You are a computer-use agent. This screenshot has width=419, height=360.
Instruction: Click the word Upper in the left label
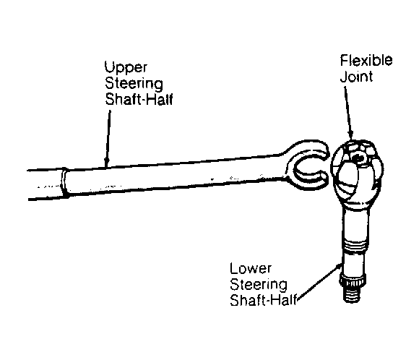[x=126, y=68]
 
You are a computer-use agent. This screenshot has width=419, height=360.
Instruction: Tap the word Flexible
[x=366, y=61]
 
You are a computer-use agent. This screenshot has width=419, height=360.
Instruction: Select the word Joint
[x=356, y=77]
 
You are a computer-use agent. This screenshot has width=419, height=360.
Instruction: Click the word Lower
[x=251, y=268]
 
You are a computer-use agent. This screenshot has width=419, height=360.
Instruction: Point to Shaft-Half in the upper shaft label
[x=139, y=99]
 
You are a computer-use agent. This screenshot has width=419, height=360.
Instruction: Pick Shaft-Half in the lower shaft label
[x=264, y=300]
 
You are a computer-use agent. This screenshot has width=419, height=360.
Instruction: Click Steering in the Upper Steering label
[x=134, y=84]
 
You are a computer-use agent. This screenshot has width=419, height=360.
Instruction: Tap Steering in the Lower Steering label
[x=259, y=285]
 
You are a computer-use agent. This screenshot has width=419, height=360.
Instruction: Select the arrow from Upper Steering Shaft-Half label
[x=108, y=139]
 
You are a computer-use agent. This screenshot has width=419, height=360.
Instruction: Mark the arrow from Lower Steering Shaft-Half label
[x=319, y=282]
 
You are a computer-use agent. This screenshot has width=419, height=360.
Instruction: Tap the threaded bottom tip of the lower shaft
[x=352, y=294]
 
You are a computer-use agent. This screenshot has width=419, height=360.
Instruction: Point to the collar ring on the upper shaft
[x=64, y=183]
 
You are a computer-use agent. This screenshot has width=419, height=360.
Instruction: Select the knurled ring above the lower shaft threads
[x=352, y=280]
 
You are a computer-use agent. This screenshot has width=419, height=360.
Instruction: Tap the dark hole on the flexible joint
[x=358, y=158]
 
